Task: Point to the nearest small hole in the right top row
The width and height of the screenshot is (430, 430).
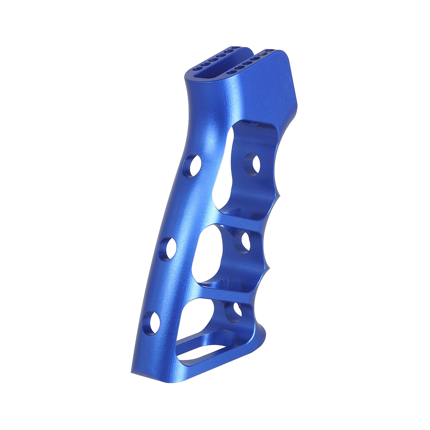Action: pyautogui.click(x=232, y=72)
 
